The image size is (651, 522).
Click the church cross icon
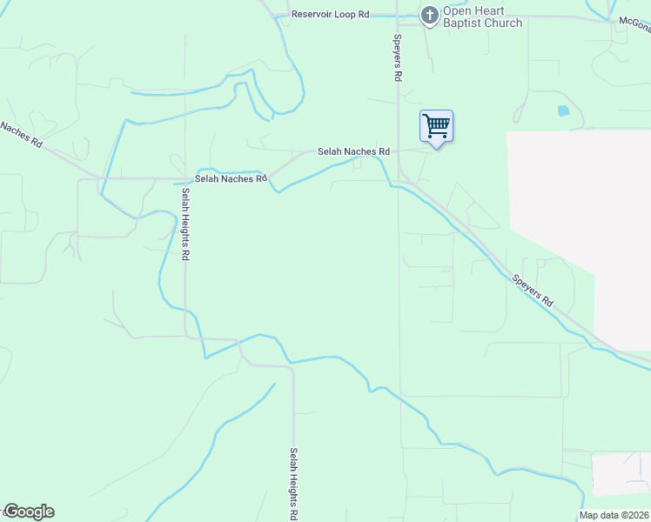pyautogui.click(x=429, y=15)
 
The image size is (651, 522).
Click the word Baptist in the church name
pyautogui.click(x=463, y=23)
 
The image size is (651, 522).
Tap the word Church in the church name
pyautogui.click(x=504, y=23)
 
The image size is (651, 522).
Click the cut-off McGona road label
pyautogui.click(x=634, y=20)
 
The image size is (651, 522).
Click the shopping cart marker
pyautogui.click(x=436, y=126)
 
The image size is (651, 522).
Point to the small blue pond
pyautogui.click(x=562, y=111)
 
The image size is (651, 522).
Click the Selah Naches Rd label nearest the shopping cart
pyautogui.click(x=352, y=151)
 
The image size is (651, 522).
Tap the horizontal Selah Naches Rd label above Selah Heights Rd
pyautogui.click(x=230, y=178)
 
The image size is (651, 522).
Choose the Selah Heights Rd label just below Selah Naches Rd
pyautogui.click(x=185, y=226)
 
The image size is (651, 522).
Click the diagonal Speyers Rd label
pyautogui.click(x=532, y=290)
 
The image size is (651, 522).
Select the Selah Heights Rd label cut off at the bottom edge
pyautogui.click(x=294, y=484)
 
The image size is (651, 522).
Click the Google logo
pyautogui.click(x=28, y=512)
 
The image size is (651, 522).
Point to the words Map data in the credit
pyautogui.click(x=597, y=515)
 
